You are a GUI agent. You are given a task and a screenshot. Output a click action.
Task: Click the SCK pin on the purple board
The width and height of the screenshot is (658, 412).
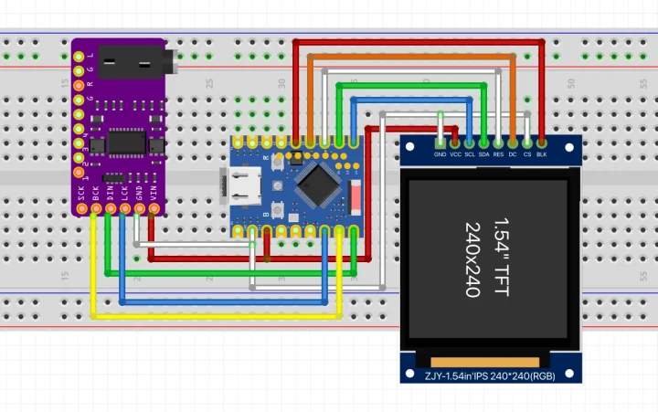(81, 209)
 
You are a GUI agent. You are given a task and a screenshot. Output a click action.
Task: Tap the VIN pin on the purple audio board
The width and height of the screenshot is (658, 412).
(154, 209)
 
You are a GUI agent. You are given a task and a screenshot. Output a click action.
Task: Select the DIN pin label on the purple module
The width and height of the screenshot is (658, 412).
(111, 194)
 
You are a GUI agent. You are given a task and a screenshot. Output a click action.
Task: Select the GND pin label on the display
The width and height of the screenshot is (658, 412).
(440, 154)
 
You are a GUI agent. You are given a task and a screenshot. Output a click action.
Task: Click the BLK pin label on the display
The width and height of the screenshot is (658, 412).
(542, 154)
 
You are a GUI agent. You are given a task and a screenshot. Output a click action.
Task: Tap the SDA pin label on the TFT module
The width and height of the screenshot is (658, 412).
(483, 154)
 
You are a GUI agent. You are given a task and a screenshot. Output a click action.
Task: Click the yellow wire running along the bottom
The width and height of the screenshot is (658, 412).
(219, 316)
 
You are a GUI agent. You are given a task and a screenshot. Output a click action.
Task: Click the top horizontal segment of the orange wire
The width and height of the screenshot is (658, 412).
(411, 56)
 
